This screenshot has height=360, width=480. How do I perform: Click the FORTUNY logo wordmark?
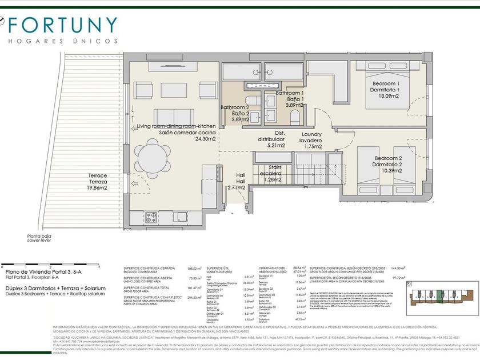(63, 25)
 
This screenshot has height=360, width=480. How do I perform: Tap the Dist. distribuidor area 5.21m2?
(279, 145)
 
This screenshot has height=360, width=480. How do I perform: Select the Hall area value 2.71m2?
(237, 187)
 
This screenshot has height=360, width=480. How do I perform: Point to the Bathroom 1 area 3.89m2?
(294, 105)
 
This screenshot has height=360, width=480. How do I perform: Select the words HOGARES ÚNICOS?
(63, 41)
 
